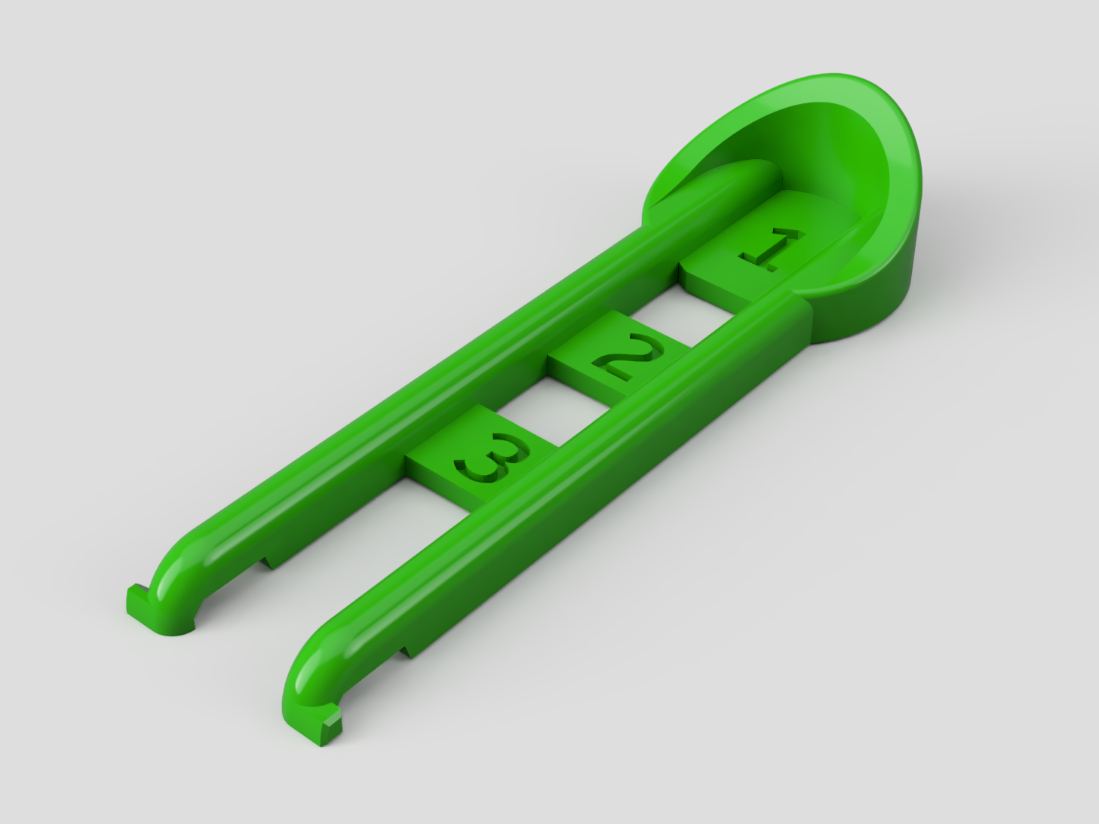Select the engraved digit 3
coord(492,457)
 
